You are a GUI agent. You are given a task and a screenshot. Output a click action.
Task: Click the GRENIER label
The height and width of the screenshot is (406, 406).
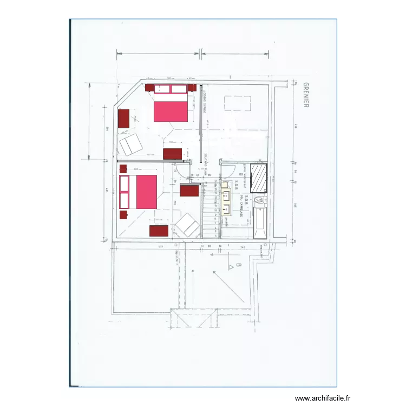pos(306,95)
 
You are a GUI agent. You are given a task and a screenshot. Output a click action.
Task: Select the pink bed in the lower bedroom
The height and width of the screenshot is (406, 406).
pos(138,192)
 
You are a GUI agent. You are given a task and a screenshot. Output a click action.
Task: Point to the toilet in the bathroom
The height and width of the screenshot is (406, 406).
pos(260,201)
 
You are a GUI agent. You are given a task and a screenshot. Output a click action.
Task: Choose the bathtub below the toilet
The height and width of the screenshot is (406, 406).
pos(260,223)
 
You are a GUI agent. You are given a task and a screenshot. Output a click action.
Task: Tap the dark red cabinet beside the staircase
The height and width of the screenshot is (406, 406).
pos(190,190)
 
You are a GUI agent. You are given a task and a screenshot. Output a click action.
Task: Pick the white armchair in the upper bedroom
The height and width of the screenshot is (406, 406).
pos(130,145)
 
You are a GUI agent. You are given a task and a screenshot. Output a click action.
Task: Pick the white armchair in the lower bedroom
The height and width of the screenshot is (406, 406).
pos(187,225)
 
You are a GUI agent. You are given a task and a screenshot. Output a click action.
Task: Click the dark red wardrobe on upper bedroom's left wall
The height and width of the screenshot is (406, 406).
pos(124,119)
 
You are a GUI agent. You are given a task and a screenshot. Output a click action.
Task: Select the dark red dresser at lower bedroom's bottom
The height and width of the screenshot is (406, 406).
pos(159,231)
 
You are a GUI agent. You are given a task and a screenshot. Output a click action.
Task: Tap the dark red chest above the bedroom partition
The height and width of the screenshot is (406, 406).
pos(172,154)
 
